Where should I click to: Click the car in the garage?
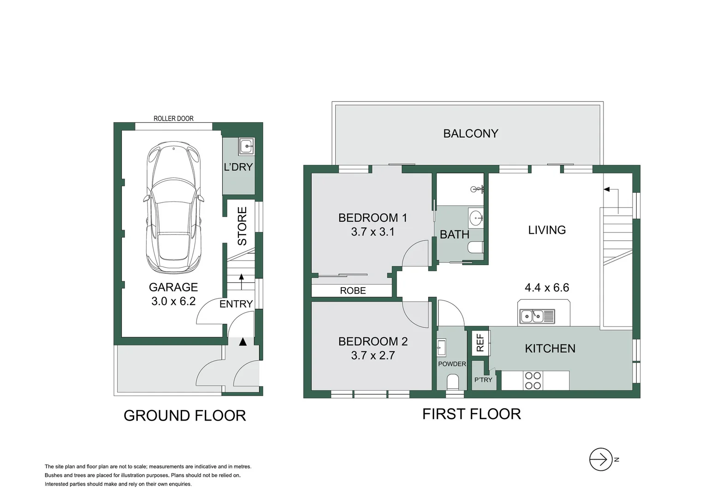173,211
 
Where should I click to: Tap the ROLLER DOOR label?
173,119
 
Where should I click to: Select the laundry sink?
246,146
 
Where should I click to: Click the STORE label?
242,226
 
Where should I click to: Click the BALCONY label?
470,134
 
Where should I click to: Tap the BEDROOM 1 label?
373,218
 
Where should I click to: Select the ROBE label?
353,290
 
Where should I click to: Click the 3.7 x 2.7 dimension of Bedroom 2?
373,355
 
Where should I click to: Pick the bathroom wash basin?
476,217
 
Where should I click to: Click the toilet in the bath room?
475,248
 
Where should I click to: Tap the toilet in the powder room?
453,382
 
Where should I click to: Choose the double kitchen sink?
537,316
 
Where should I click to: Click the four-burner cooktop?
533,380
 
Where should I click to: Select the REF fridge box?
480,343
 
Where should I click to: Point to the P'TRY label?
483,380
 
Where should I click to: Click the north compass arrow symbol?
601,459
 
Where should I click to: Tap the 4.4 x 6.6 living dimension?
547,288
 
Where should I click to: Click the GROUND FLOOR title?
185,415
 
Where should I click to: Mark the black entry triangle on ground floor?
243,342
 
